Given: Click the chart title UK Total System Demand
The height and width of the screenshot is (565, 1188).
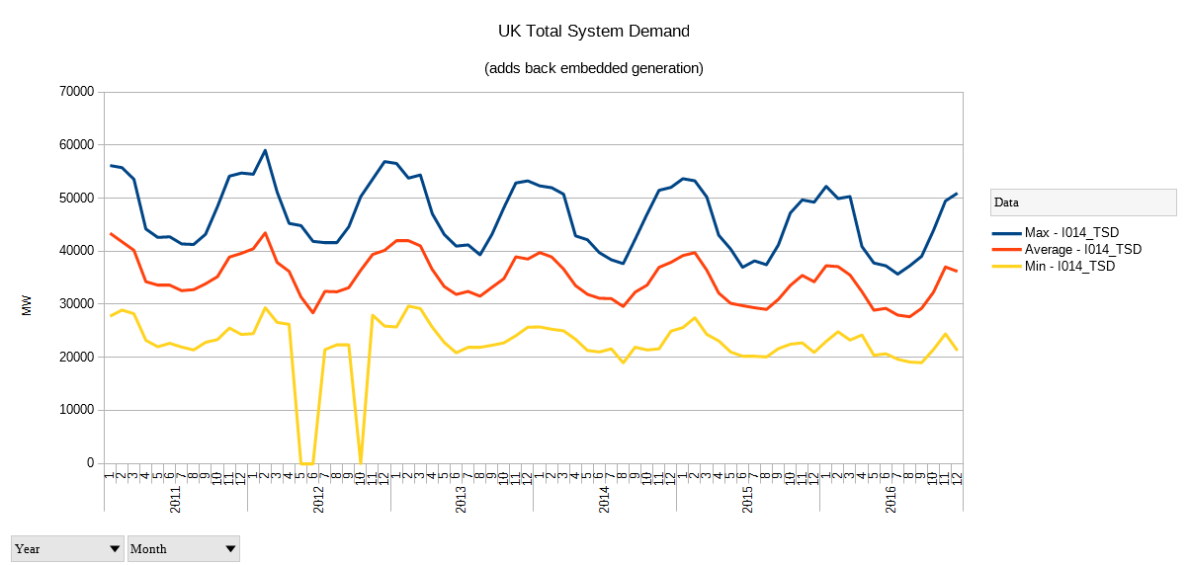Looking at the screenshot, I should (594, 32).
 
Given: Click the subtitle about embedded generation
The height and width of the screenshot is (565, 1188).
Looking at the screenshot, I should (594, 68).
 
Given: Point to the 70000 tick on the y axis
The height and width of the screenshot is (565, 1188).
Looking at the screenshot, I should (77, 92).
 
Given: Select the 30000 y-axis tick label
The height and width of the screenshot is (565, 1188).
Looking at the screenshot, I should (77, 304).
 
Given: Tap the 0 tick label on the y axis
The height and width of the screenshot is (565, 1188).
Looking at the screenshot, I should (89, 463).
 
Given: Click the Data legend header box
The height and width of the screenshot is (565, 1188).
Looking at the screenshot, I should (1083, 202).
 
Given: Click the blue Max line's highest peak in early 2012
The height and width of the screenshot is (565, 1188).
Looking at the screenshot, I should (265, 150).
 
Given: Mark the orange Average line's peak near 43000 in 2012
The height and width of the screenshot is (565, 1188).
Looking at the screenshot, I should (265, 233).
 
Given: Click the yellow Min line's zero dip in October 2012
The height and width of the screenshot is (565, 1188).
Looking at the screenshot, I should (360, 462).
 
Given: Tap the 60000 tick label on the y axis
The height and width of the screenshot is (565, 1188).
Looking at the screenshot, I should (77, 145).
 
